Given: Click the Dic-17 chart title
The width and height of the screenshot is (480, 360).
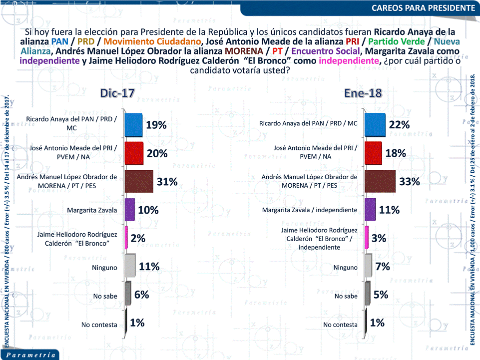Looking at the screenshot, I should [x=117, y=93].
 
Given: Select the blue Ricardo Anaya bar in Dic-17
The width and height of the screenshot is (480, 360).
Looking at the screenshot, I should [x=133, y=125].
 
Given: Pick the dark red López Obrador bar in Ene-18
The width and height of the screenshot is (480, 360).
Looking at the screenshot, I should [x=380, y=181].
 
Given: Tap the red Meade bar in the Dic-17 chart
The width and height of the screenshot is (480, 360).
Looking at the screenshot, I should [x=133, y=153].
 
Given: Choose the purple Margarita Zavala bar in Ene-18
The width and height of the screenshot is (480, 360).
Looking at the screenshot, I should [x=370, y=210].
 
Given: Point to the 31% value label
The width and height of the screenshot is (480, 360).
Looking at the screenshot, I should [x=167, y=182].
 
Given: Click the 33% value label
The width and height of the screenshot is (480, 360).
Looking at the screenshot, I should [x=409, y=182].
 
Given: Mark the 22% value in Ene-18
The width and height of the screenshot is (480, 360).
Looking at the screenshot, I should [x=399, y=125].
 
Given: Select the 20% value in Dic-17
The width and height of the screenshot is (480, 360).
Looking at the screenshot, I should [x=156, y=153].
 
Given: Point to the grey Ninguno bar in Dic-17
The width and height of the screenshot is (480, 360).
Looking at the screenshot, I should [x=129, y=266].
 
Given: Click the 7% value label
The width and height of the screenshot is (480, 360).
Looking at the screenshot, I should [x=383, y=267].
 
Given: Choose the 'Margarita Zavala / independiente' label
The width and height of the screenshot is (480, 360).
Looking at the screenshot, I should [x=310, y=210].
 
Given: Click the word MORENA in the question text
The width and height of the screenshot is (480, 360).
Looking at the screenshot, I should [x=244, y=51].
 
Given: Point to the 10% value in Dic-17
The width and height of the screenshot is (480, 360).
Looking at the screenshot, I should [x=148, y=210].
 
